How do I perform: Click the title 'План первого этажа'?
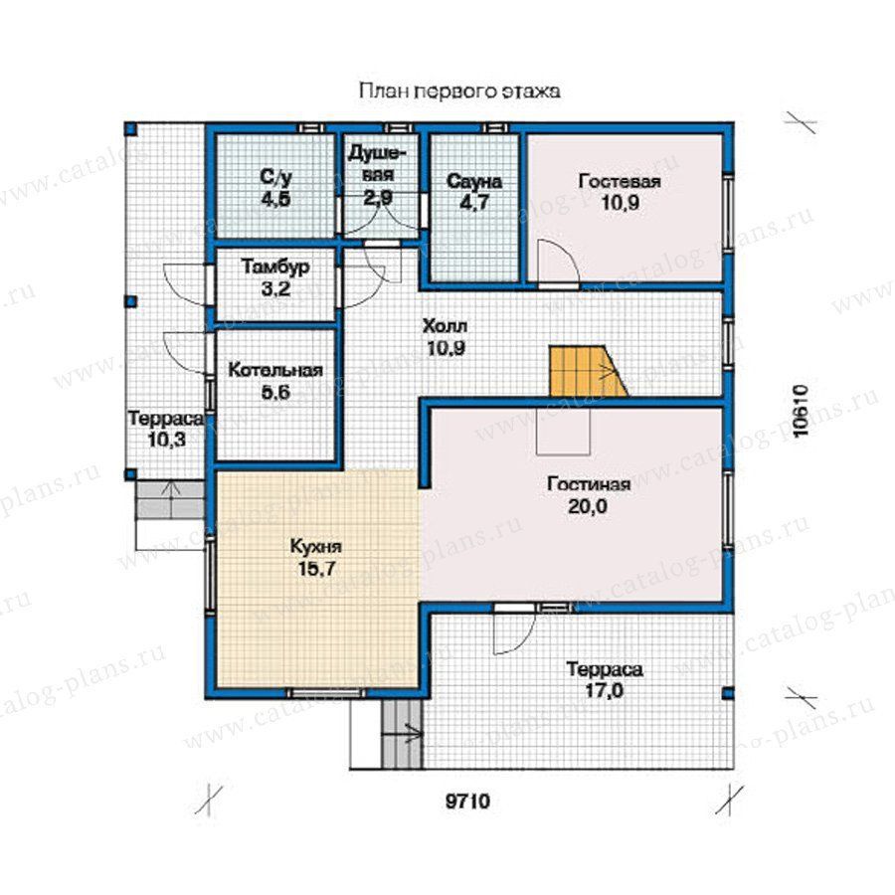point(459,91)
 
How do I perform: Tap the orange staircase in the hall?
point(585,371)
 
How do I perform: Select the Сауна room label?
point(474,182)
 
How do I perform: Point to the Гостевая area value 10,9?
point(620,203)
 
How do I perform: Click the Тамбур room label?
point(275,267)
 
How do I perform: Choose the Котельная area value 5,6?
point(275,392)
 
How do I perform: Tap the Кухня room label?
point(315,547)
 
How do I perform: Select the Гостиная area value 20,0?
point(588,506)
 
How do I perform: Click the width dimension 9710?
point(467,802)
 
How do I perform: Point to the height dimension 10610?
point(802,411)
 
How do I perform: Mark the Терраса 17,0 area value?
point(604,691)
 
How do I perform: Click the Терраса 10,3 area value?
point(167,441)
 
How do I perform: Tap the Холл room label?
point(445,326)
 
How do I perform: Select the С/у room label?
point(275,178)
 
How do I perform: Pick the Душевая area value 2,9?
point(377,198)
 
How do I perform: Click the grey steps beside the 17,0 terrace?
point(403,734)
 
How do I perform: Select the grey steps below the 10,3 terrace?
point(169,500)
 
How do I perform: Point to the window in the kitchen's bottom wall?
point(326,693)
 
